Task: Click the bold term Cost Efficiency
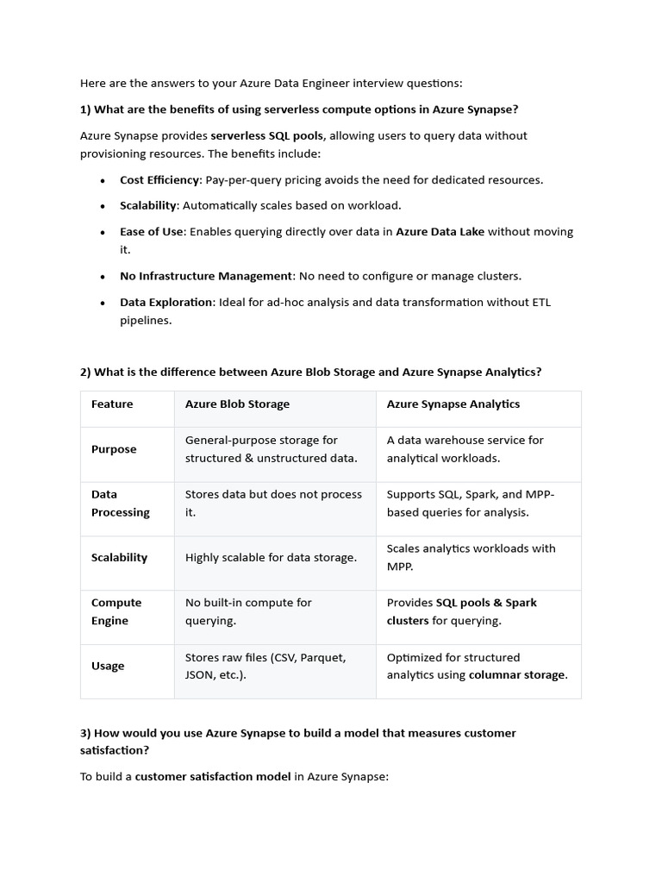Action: click(159, 180)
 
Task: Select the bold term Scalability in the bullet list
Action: click(148, 206)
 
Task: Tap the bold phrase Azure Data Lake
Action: click(440, 232)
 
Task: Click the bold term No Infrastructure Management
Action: click(206, 276)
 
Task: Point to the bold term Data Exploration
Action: click(166, 303)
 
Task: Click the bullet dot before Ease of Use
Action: click(103, 233)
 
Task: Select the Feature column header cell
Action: click(112, 404)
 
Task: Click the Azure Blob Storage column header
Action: click(237, 404)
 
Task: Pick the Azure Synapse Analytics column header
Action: click(453, 404)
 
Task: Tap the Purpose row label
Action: click(114, 449)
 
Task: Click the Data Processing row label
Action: click(120, 504)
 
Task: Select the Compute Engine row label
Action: click(116, 612)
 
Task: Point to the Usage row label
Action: click(108, 666)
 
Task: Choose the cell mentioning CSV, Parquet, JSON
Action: click(265, 666)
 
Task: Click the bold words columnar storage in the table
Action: click(517, 675)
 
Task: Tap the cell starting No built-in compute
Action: click(248, 611)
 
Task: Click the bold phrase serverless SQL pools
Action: click(267, 135)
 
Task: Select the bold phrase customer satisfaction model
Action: click(212, 777)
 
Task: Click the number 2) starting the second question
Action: click(85, 373)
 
